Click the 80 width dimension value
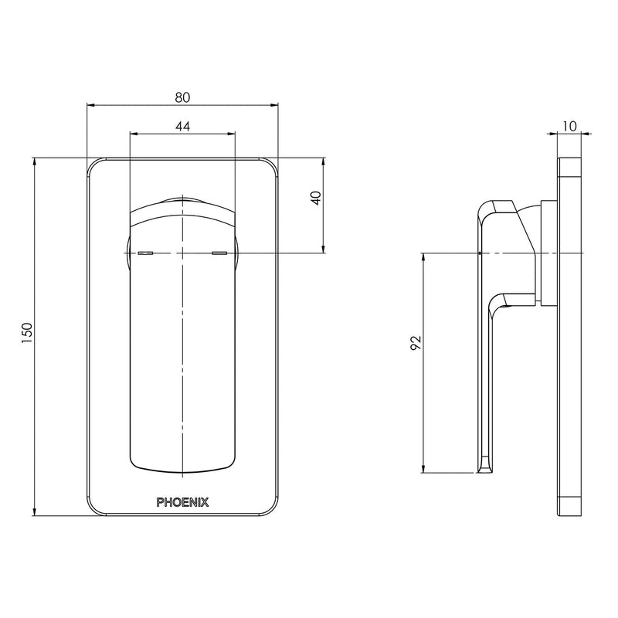point(182,97)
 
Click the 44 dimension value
point(182,126)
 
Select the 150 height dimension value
point(28,333)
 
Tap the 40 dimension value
point(314,198)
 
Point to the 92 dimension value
point(415,343)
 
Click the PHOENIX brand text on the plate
point(182,501)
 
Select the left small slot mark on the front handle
point(145,253)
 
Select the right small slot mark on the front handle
point(219,253)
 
